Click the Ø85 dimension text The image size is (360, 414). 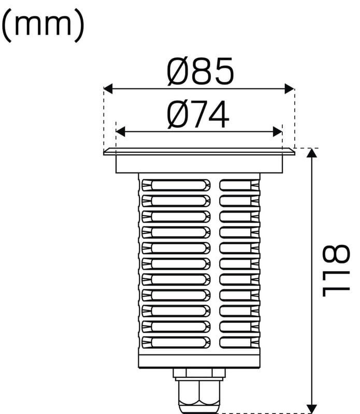(x=200, y=71)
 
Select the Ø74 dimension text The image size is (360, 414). (x=198, y=114)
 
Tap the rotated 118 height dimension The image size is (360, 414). (x=336, y=271)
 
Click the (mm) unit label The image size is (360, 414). (x=43, y=25)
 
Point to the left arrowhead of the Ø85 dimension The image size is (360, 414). (x=108, y=88)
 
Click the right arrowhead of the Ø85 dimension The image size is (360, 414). (x=289, y=88)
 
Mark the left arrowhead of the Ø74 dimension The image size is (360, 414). (x=121, y=131)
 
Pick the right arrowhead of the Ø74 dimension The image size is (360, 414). (x=278, y=131)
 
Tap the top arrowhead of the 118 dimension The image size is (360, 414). (x=312, y=153)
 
